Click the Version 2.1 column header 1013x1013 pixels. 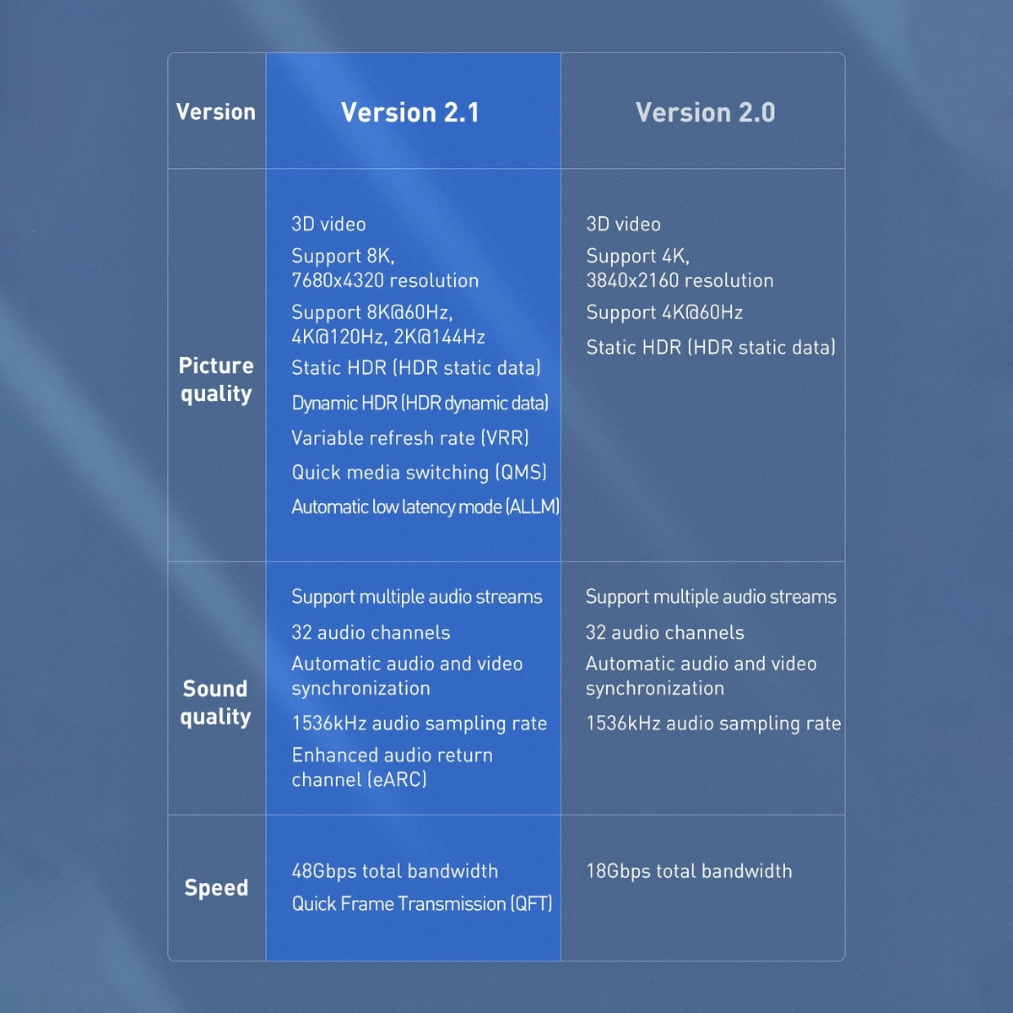click(410, 112)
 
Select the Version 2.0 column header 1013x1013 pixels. click(705, 112)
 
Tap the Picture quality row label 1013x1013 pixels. click(216, 379)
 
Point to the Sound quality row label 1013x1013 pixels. click(216, 702)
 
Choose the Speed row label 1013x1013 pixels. click(216, 887)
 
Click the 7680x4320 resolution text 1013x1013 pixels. click(385, 280)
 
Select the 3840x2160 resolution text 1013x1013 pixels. click(680, 280)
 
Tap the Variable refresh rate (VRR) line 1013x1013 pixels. click(410, 438)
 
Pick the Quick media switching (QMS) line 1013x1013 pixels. click(419, 472)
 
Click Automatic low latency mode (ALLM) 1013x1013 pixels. click(425, 506)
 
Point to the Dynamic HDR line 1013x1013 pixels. click(420, 403)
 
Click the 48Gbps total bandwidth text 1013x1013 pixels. click(394, 871)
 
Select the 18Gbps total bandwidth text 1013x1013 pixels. click(689, 871)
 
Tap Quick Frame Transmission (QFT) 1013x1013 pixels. click(421, 904)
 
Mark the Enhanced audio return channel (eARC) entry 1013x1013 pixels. click(392, 767)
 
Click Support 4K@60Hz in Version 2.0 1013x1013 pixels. click(664, 312)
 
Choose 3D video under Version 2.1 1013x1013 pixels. click(328, 225)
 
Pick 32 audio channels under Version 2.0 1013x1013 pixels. click(664, 632)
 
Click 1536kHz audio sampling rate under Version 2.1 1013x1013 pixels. click(419, 723)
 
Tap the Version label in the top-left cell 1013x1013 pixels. click(216, 111)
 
